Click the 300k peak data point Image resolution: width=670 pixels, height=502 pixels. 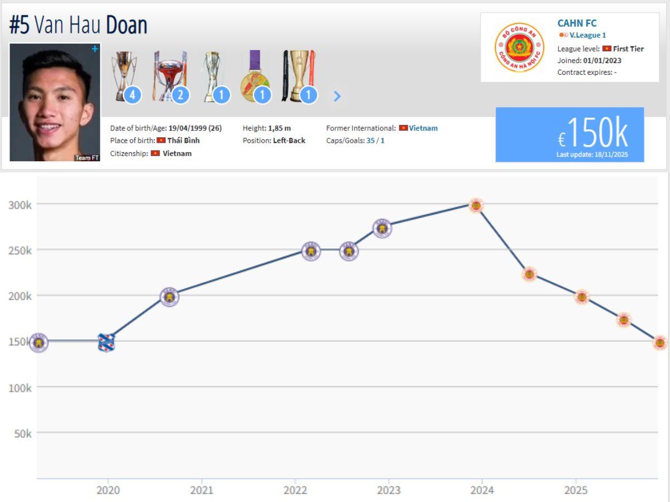[x=475, y=206]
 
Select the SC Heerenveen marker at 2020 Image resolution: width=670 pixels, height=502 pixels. [x=106, y=342]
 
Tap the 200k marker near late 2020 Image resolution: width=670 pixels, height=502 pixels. [x=169, y=297]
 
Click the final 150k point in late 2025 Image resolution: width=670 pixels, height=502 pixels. [x=660, y=342]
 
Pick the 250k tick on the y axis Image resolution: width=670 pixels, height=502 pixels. [x=20, y=250]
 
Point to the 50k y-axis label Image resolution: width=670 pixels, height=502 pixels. [x=22, y=433]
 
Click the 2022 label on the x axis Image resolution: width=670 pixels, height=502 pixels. [x=295, y=490]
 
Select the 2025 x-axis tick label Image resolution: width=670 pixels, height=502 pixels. [x=576, y=490]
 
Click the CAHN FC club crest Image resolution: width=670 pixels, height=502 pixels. [x=519, y=47]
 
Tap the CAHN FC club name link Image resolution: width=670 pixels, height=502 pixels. [x=577, y=23]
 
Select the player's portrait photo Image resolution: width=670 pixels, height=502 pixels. [x=55, y=102]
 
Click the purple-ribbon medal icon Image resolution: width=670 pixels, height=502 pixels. [x=254, y=76]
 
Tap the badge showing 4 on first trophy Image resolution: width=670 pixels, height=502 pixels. [x=132, y=95]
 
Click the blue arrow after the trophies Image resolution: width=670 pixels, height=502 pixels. [x=337, y=96]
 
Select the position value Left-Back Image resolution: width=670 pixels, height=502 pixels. [x=289, y=141]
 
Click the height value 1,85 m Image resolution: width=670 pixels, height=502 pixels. [x=279, y=128]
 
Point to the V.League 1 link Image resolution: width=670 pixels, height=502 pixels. [x=587, y=35]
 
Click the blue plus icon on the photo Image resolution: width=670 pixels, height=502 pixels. [x=95, y=49]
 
